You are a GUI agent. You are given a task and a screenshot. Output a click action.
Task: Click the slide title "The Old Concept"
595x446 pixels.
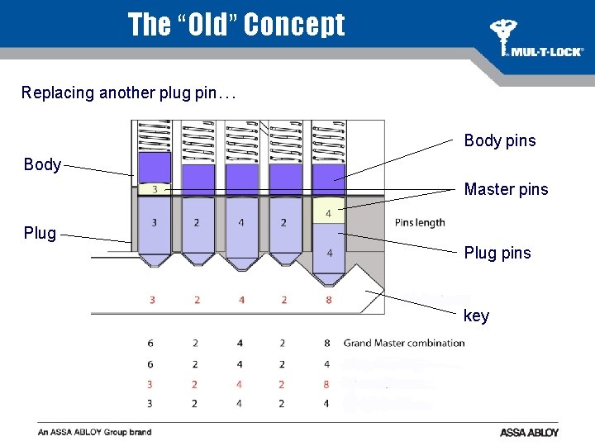(236, 25)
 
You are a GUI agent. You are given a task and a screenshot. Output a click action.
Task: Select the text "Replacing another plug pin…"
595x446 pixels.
(129, 93)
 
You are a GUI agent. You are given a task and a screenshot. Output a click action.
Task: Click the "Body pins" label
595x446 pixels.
(499, 140)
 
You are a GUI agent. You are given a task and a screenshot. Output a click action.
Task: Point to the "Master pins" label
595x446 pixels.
(506, 190)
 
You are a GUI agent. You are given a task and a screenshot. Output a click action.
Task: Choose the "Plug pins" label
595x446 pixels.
(497, 253)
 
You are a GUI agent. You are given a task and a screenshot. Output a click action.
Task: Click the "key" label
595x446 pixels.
(476, 316)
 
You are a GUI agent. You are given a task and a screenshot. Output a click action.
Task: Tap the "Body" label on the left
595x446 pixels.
(42, 164)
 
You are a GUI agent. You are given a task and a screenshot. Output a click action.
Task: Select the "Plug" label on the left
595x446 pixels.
(40, 233)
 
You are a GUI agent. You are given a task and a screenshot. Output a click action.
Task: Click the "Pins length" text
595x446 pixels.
(420, 222)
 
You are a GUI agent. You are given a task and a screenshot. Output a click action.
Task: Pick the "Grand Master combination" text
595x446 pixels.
(404, 343)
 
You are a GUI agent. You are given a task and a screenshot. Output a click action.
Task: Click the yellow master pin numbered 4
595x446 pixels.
(328, 213)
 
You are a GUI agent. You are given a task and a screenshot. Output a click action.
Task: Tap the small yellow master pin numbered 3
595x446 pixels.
(155, 189)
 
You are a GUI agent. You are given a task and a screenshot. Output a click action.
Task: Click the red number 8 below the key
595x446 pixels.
(328, 300)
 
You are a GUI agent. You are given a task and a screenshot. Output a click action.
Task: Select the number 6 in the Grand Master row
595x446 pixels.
(150, 343)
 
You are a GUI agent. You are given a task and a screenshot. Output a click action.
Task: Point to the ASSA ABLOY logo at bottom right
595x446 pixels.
(529, 432)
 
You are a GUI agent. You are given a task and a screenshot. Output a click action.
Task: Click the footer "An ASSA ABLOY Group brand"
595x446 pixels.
(95, 432)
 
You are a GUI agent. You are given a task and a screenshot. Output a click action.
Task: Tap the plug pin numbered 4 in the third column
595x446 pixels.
(240, 223)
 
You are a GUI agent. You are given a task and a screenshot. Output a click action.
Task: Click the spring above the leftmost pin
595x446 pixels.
(155, 136)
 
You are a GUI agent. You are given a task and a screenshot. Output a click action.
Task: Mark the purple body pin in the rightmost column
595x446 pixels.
(328, 179)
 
